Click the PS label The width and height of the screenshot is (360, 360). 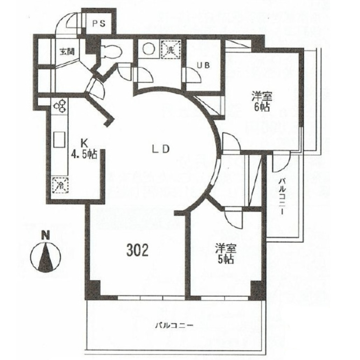[x=99, y=24]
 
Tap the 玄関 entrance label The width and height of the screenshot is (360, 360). [x=67, y=52]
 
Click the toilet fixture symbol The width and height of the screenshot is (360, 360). [x=111, y=51]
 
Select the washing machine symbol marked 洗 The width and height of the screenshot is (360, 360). [x=171, y=50]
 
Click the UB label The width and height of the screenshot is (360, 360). [x=203, y=65]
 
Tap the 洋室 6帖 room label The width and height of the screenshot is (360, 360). [x=262, y=101]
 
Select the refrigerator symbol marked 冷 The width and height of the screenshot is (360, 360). [x=60, y=185]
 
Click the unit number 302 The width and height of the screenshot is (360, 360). [x=138, y=250]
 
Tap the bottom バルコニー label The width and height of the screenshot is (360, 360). [x=174, y=325]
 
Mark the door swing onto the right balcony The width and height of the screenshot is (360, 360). [x=282, y=163]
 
